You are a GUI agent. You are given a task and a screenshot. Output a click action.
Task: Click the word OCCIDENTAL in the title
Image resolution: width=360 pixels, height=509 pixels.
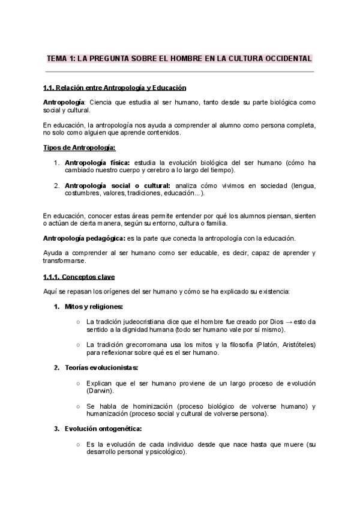tap(284, 59)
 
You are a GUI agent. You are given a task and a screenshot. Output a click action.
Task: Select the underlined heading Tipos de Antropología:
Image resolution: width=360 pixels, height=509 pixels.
tap(80, 148)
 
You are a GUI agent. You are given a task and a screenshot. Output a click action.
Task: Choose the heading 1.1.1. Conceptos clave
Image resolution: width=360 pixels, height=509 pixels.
tap(79, 277)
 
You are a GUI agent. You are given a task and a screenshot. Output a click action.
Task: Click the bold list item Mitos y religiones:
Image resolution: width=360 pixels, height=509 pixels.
tap(94, 307)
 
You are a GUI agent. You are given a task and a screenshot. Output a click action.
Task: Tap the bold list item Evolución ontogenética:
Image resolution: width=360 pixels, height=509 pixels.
tap(103, 429)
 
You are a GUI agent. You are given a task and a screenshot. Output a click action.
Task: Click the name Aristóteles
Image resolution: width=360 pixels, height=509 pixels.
tap(295, 345)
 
